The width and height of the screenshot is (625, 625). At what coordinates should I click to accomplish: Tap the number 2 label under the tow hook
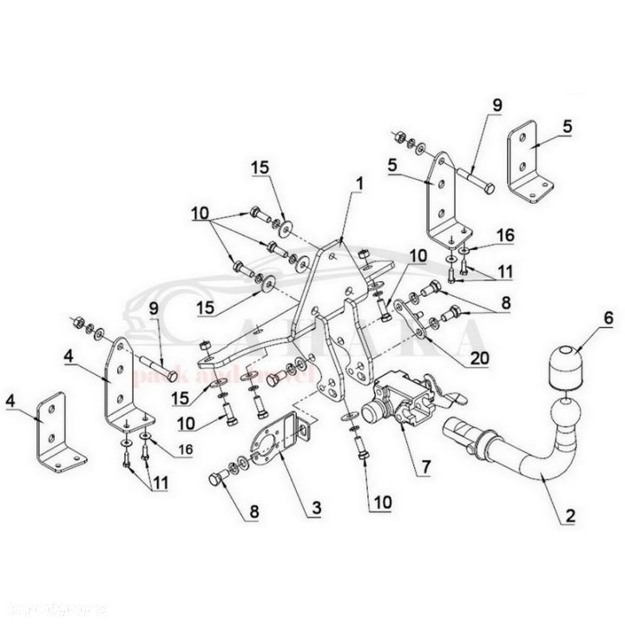569,518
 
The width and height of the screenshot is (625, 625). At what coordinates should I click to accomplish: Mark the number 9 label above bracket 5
498,104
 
